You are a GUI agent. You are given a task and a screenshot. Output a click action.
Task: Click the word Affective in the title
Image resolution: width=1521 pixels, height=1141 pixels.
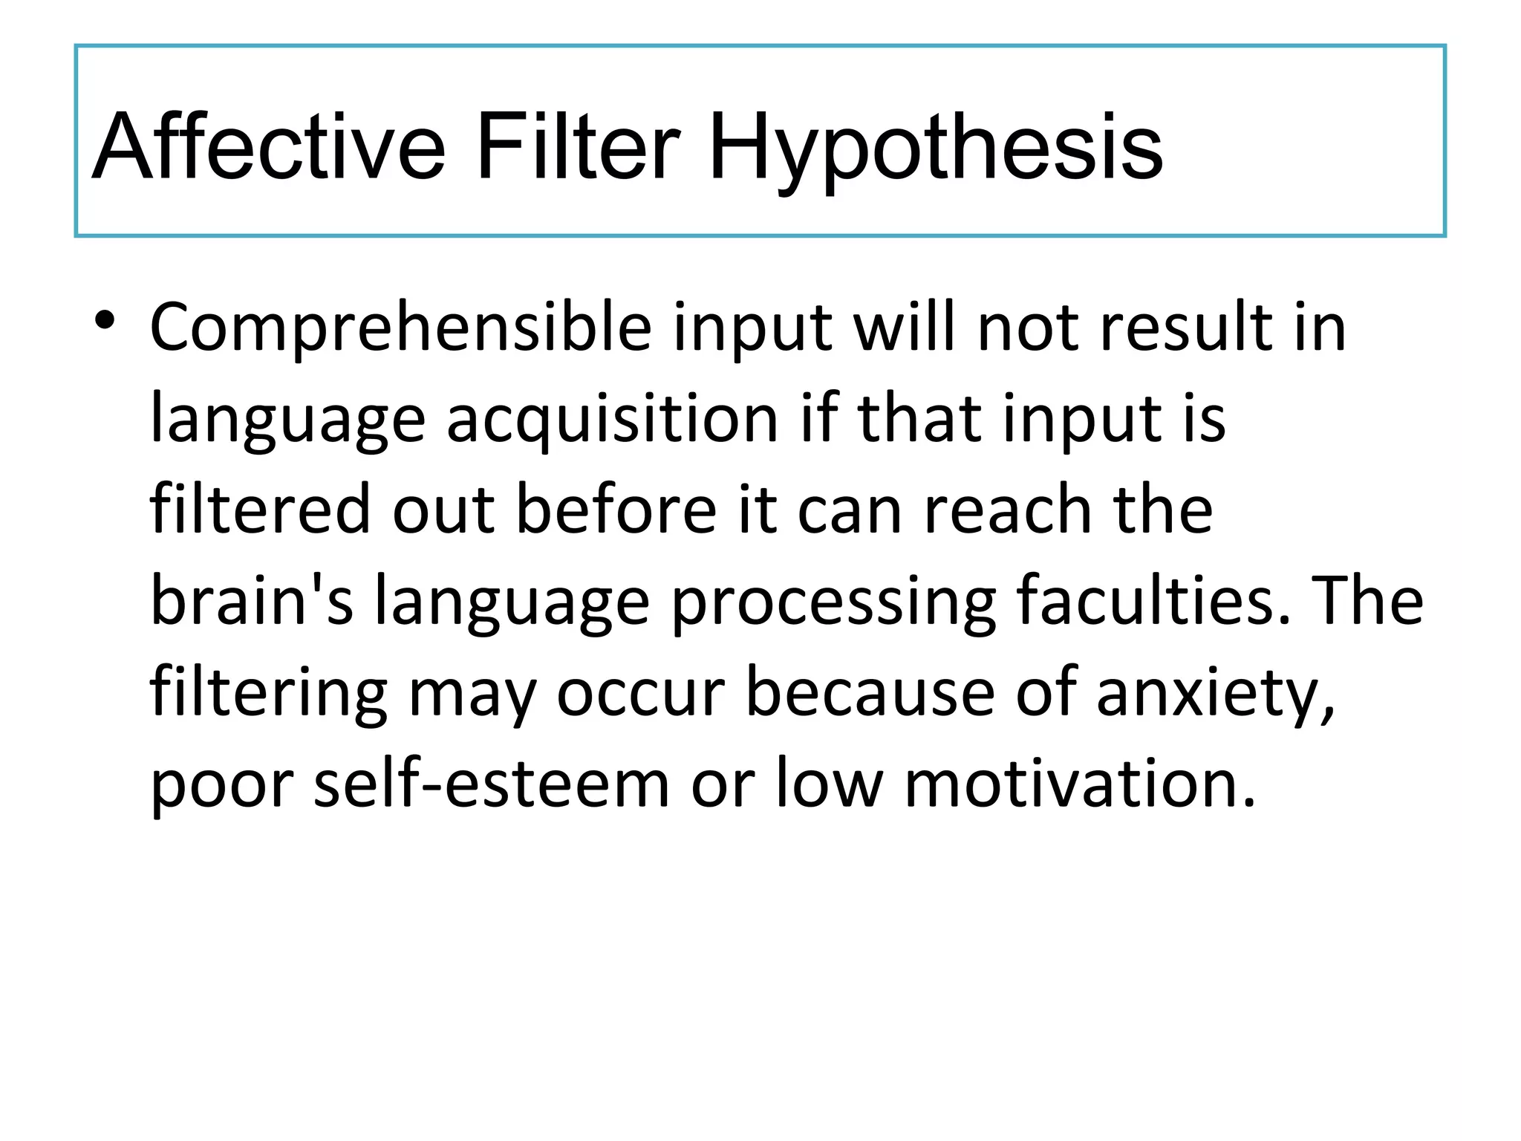[x=269, y=146]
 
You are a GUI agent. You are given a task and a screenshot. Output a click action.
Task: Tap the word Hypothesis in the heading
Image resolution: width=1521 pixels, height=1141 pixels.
[x=935, y=146]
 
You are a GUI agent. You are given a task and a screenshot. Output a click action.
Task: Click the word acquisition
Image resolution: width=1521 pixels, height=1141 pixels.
[x=612, y=419]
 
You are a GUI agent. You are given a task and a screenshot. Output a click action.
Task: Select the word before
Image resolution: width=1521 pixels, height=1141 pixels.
[x=616, y=510]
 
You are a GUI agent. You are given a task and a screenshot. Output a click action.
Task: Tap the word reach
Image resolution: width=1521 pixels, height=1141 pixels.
[x=1007, y=510]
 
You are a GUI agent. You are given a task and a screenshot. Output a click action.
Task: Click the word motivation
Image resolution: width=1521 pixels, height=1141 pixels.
[x=1080, y=783]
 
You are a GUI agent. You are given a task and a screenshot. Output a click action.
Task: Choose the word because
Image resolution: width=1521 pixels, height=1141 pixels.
[x=870, y=692]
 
